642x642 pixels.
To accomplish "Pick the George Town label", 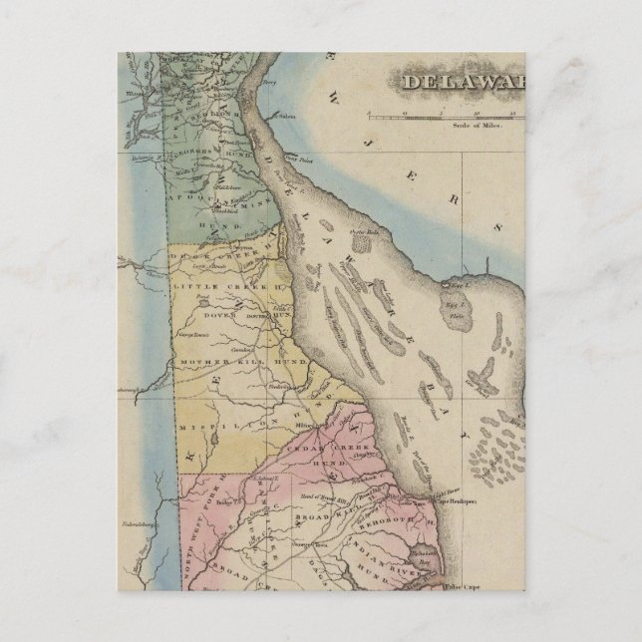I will click(193, 336).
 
